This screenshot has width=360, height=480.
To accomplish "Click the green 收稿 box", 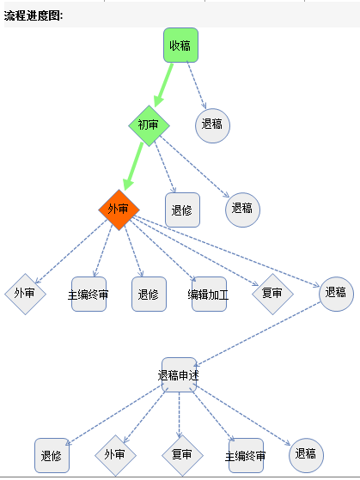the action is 180,46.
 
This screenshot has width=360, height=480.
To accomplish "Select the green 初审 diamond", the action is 149,125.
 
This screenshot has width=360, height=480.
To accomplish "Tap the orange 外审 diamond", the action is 119,210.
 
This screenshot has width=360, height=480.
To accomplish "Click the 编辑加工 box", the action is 209,295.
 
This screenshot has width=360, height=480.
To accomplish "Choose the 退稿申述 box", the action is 179,374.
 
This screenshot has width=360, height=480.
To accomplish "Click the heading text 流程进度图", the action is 34,15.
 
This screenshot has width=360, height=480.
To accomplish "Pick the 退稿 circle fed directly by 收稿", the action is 212,125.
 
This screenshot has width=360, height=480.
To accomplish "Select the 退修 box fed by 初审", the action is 183,210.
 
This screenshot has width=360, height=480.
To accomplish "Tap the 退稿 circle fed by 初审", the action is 242,210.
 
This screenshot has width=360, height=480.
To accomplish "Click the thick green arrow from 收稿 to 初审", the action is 163,85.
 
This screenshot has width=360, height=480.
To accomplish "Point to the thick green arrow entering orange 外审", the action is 133,167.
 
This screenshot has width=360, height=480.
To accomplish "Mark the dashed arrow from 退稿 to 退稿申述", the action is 258,334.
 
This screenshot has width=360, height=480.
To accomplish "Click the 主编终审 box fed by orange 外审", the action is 88,295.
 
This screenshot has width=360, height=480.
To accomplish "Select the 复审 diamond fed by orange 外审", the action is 272,294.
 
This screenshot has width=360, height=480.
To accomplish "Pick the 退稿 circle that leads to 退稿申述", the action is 337,294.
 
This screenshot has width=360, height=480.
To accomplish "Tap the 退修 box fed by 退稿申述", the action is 52,455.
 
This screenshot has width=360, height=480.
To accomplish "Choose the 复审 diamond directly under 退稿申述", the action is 183,455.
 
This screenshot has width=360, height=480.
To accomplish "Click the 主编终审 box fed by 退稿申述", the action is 246,455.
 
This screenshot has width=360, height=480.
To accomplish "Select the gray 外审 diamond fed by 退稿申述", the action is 115,455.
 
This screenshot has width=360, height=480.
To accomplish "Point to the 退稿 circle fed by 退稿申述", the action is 307,455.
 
